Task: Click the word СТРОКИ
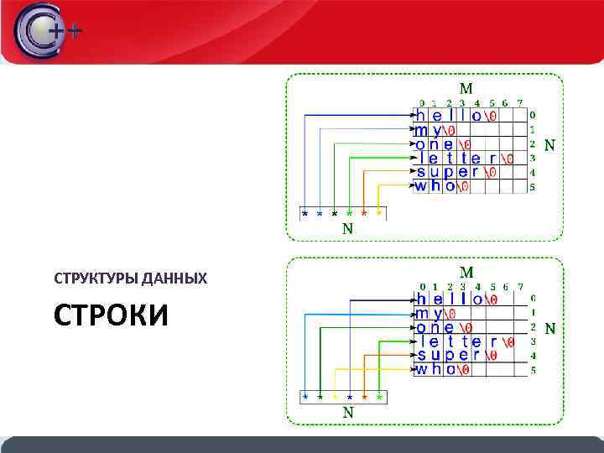(x=111, y=316)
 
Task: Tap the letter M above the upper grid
(x=466, y=88)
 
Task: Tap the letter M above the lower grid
(x=466, y=272)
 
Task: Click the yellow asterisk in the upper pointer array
(x=379, y=213)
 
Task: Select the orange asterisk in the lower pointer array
(x=364, y=395)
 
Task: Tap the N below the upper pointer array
(x=347, y=228)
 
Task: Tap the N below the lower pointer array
(x=347, y=412)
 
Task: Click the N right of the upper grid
(x=549, y=145)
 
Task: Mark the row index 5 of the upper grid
(x=533, y=187)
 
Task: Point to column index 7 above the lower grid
(x=520, y=287)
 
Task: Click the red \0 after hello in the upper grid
(x=493, y=116)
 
